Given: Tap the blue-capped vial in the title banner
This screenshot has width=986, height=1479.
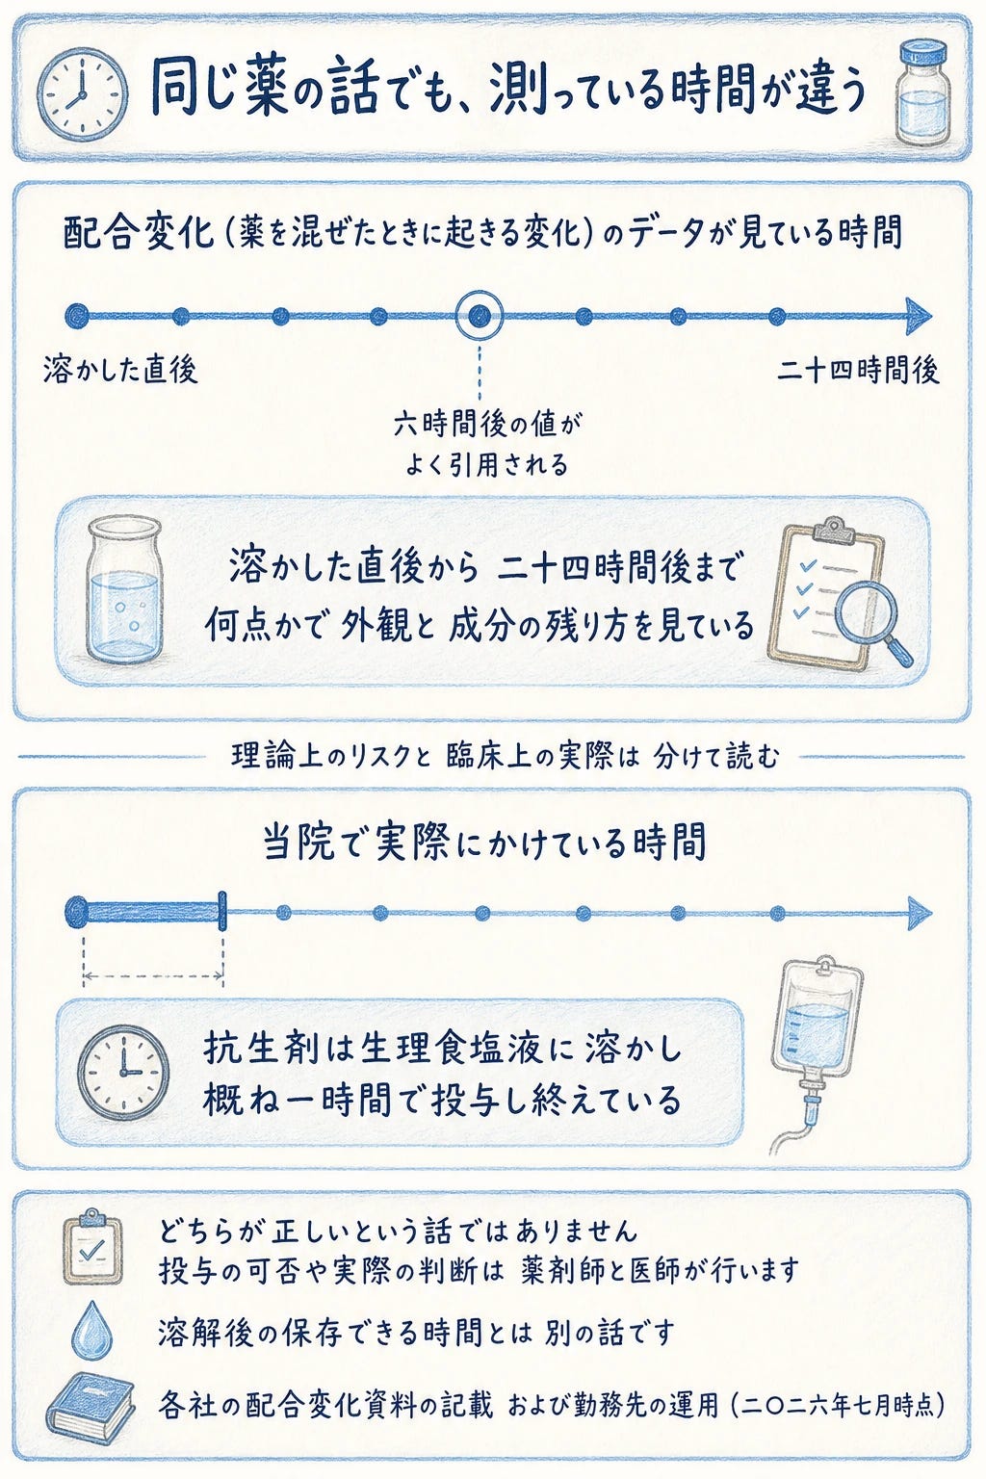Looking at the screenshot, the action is [x=921, y=91].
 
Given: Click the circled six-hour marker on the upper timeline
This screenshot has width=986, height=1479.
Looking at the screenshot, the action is [x=480, y=316].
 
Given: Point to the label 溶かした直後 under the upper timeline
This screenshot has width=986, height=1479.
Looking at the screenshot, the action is [x=121, y=370].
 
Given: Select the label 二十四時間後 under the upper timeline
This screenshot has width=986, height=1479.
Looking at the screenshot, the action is [x=857, y=371].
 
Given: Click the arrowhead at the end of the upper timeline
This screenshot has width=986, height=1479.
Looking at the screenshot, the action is [x=919, y=316].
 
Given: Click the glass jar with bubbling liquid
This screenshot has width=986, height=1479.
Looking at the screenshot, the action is [x=123, y=589].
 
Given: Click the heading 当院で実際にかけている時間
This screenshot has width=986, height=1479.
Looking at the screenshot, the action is [x=484, y=842].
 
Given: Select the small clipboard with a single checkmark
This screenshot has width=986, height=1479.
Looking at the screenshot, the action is [x=91, y=1245].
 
